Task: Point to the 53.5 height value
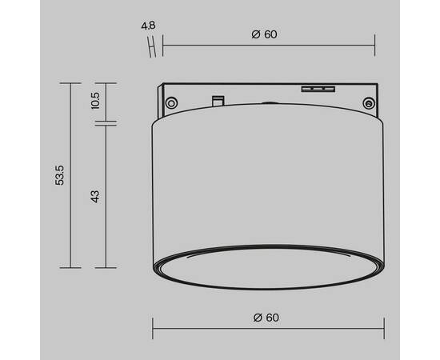[x=58, y=175]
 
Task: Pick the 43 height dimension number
[x=94, y=196]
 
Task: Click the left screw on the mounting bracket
[x=170, y=102]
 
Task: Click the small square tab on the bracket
[x=216, y=100]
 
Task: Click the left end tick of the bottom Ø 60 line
[x=154, y=327]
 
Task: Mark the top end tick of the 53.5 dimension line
[x=70, y=82]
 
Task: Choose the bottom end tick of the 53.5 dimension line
[x=70, y=267]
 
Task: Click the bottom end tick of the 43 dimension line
[x=106, y=267]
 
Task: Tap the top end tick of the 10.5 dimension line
[x=106, y=82]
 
